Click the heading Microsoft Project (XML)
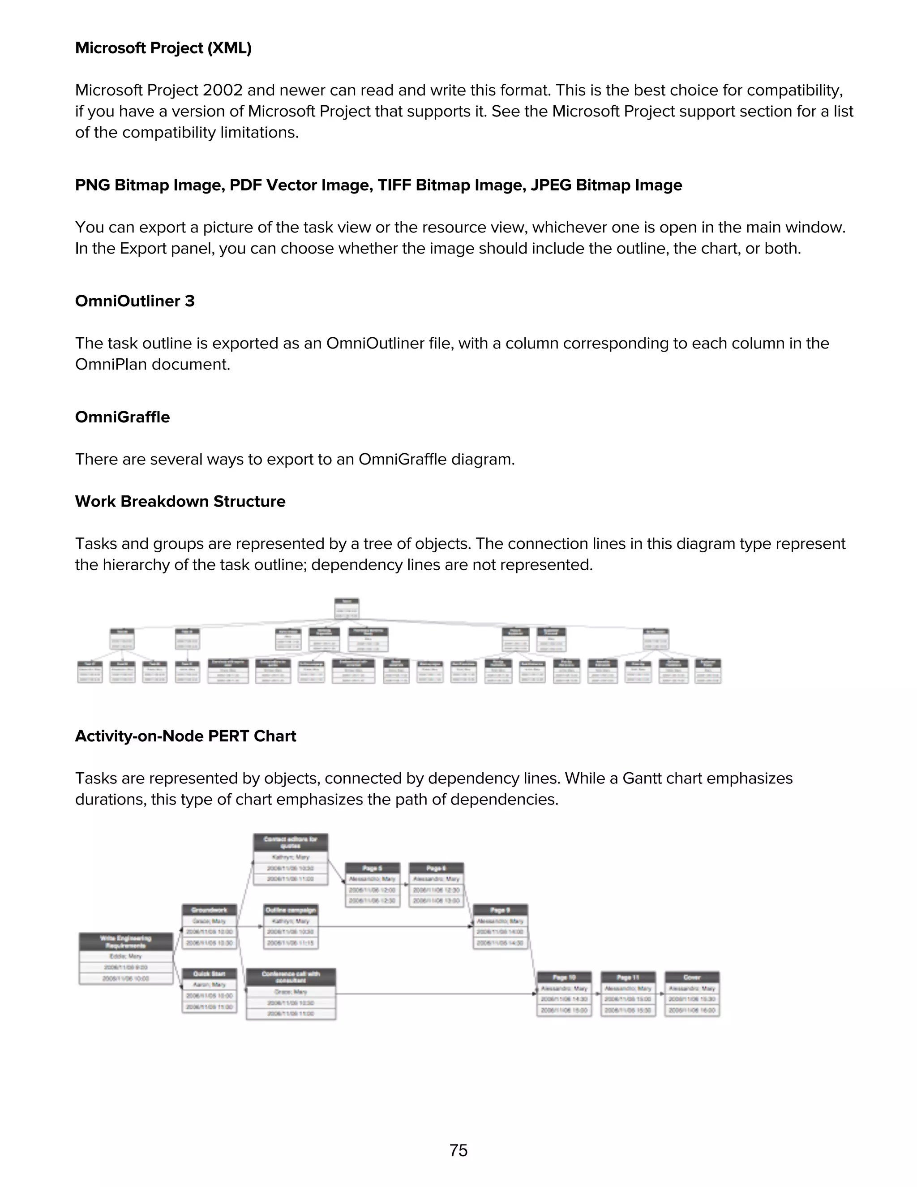[x=163, y=48]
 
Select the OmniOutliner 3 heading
[x=135, y=301]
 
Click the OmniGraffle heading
[x=122, y=417]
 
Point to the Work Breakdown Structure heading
[x=180, y=501]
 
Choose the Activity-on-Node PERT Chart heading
[x=185, y=736]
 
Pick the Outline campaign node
[x=291, y=926]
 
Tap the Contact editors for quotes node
[x=291, y=859]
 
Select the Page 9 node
[x=500, y=926]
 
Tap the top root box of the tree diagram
[x=347, y=608]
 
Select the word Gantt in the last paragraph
[x=642, y=778]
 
